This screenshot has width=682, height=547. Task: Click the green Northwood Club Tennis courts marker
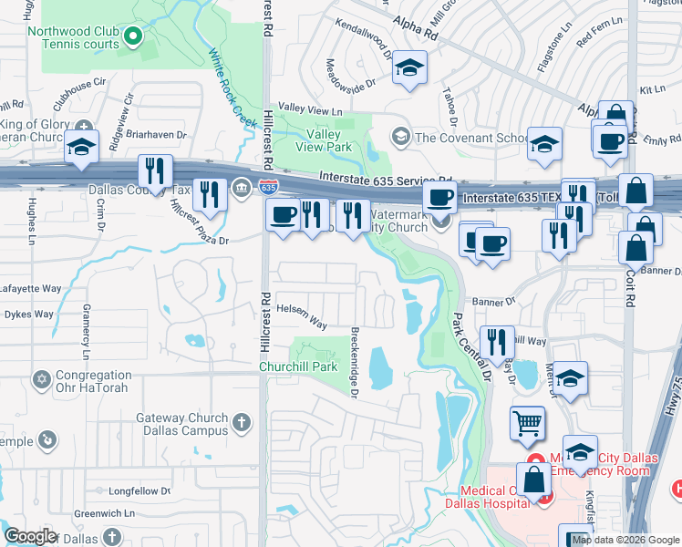point(133,37)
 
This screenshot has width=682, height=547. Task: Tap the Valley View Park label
point(324,139)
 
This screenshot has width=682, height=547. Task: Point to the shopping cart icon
point(528,421)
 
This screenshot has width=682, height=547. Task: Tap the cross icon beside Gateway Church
point(241,422)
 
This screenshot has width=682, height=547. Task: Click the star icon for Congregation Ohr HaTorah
point(40,378)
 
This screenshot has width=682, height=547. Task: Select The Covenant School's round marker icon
point(399,137)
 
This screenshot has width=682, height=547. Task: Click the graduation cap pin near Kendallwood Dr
point(410,67)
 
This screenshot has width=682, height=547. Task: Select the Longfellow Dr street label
point(139,490)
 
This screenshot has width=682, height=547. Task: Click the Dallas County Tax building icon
point(242,188)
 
